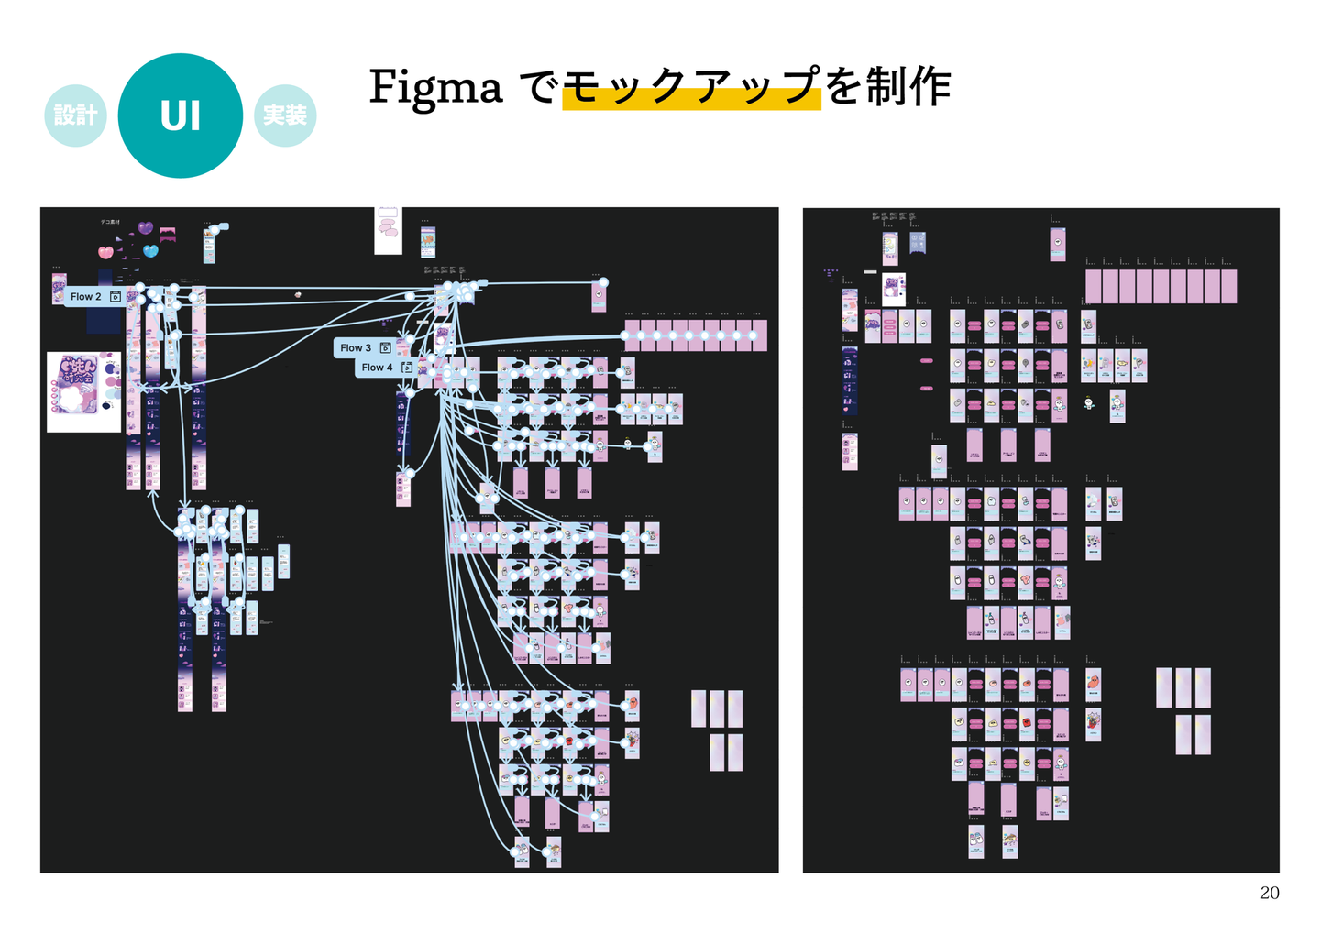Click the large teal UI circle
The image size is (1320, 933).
pos(181,115)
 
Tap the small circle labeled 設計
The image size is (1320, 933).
pos(75,115)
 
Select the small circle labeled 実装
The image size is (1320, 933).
pos(285,115)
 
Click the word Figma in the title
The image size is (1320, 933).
pos(435,88)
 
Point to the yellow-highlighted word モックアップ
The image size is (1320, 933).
pos(691,88)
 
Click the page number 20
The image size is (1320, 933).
pos(1269,893)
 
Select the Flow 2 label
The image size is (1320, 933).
pos(86,297)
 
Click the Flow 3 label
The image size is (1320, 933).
pos(356,348)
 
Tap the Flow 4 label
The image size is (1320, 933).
pos(377,368)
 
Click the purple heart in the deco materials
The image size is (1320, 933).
pos(145,227)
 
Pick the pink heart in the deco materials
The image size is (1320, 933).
pos(106,252)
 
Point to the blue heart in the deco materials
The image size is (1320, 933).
pos(151,250)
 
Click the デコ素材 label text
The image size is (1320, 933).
pos(110,222)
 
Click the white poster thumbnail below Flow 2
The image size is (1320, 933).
pos(83,392)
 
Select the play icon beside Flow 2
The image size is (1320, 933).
pos(115,297)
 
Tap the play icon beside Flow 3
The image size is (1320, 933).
pos(385,348)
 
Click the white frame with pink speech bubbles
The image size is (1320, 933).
pos(388,230)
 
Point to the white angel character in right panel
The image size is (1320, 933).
pos(1088,402)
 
